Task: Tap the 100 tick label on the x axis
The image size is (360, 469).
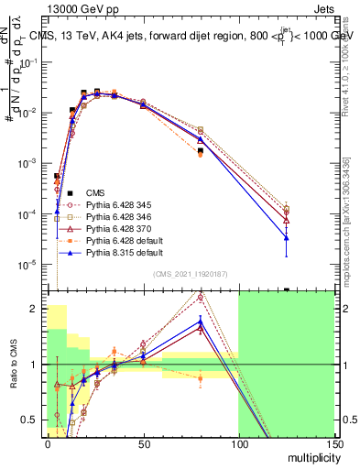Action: (238, 443)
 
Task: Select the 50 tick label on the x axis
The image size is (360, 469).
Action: (143, 443)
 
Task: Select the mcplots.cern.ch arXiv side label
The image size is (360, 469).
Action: (349, 211)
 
